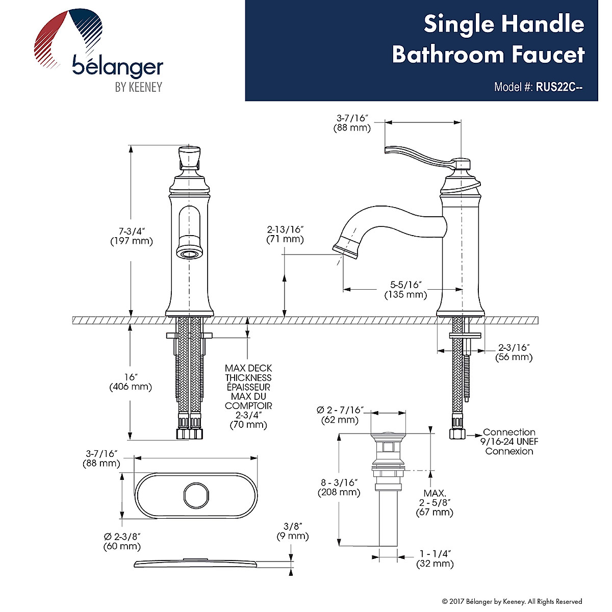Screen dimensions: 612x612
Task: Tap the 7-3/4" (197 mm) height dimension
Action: pyautogui.click(x=132, y=236)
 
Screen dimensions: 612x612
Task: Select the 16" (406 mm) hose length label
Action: pyautogui.click(x=131, y=382)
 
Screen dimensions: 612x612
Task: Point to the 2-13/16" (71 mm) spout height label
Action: pyautogui.click(x=285, y=234)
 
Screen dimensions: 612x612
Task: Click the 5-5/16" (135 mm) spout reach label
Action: pyautogui.click(x=405, y=290)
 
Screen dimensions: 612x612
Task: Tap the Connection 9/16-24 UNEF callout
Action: pyautogui.click(x=509, y=442)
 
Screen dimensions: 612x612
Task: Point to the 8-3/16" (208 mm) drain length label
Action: pyautogui.click(x=339, y=488)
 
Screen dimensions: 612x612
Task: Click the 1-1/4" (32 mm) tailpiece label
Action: pyautogui.click(x=435, y=559)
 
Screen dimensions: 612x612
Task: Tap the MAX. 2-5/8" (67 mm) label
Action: pyautogui.click(x=435, y=503)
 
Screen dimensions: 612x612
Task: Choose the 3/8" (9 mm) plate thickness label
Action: pyautogui.click(x=293, y=531)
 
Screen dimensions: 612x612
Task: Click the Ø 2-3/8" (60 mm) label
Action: pyautogui.click(x=122, y=541)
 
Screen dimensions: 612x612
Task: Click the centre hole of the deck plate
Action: pyautogui.click(x=195, y=495)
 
